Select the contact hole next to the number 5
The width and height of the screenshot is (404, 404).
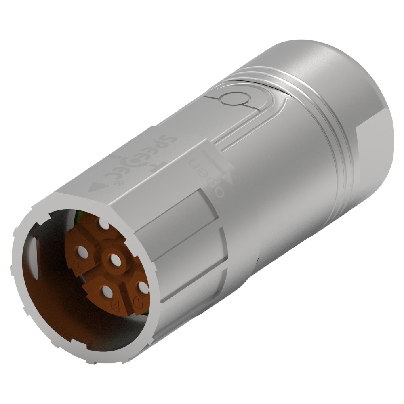coord(142,288)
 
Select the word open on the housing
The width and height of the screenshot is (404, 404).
coord(208,178)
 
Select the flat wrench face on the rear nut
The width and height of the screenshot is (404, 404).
coord(374,162)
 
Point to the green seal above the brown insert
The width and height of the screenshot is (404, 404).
coord(81,218)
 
